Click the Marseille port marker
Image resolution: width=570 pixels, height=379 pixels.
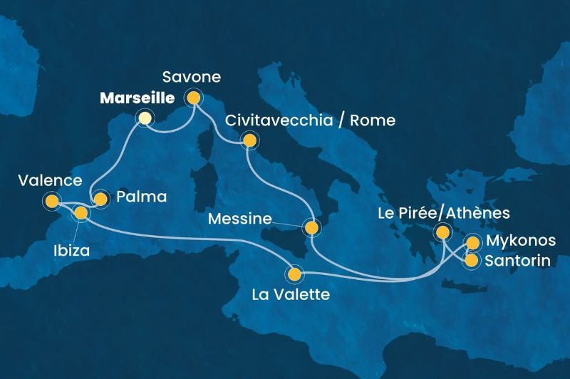point(145,118)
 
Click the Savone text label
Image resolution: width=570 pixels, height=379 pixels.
point(191,76)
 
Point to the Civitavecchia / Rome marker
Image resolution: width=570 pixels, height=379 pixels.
point(249,140)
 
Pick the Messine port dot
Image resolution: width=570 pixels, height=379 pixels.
point(311,229)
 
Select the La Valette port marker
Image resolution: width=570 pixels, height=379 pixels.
point(294,273)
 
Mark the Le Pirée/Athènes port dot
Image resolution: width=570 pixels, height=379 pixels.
point(443,232)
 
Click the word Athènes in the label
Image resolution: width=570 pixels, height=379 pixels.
point(472,212)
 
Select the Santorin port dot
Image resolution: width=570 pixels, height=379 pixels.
point(471,260)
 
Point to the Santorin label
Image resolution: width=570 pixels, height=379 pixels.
point(517,261)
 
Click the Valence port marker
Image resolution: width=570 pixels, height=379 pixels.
point(51,202)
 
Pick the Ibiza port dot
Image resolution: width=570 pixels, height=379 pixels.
point(81,212)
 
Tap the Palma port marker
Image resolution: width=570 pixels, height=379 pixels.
point(100,199)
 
